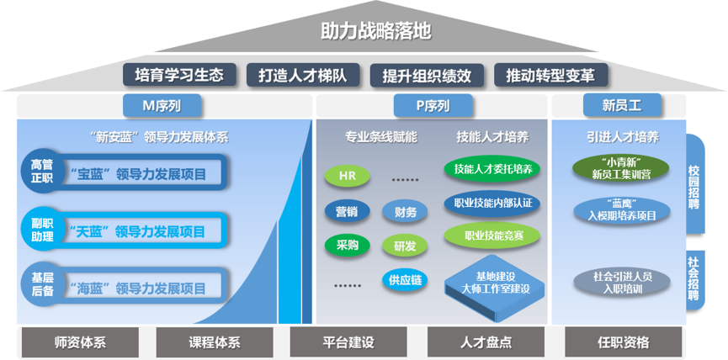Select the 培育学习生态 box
click(178, 75)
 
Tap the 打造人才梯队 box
click(303, 75)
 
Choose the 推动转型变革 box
click(550, 75)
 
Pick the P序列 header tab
click(433, 106)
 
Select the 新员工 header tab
click(622, 106)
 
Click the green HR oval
click(347, 176)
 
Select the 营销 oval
click(346, 211)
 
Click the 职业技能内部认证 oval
click(492, 203)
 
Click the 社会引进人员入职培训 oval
click(623, 281)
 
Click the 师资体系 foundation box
click(79, 342)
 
